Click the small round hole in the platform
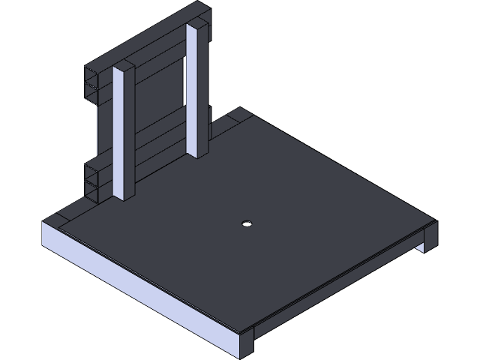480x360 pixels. [x=246, y=223]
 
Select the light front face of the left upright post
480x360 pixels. [x=119, y=135]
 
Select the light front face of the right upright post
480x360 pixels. [x=193, y=90]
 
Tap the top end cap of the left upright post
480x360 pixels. [x=124, y=67]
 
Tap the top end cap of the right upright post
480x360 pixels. [x=196, y=25]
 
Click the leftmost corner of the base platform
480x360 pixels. [x=43, y=224]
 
